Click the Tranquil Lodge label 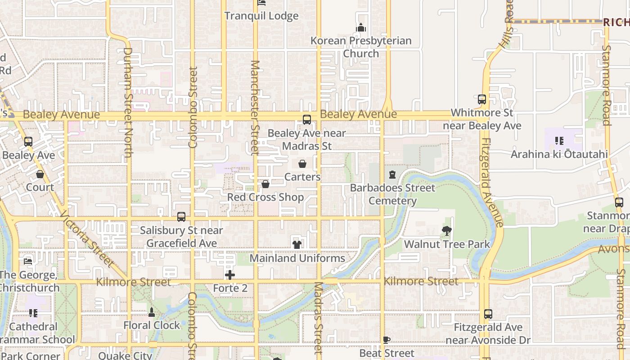pos(261,16)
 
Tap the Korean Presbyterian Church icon pos(361,28)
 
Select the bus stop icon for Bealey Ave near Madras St pos(307,120)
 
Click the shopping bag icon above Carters pos(302,164)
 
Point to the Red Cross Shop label pos(265,197)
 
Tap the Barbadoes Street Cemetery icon pos(392,175)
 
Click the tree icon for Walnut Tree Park pos(447,231)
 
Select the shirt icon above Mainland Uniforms pos(297,245)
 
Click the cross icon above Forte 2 pos(230,275)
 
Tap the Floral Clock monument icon pos(152,312)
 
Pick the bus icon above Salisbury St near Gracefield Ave pos(181,217)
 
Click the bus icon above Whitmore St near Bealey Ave pos(482,99)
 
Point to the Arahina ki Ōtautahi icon pos(559,141)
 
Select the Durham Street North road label pos(128,103)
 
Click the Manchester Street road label pos(255,108)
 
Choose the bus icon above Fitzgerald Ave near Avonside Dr pos(488,314)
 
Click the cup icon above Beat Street pos(386,340)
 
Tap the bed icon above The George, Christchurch pos(28,261)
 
